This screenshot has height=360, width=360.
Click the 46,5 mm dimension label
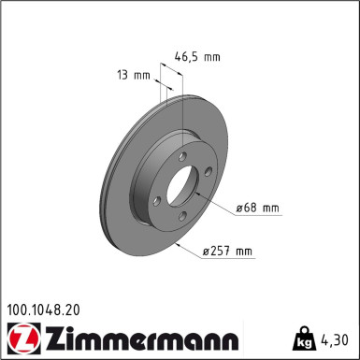click(197, 57)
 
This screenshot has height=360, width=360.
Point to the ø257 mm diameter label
click(228, 251)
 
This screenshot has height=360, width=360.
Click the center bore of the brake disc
click(180, 188)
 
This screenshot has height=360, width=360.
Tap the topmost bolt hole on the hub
click(184, 157)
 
